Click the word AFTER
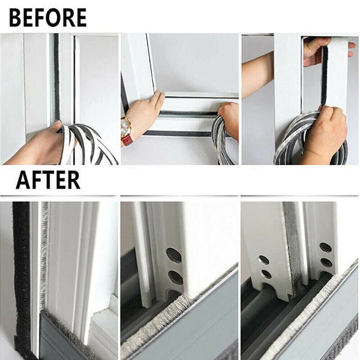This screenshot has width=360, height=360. [48, 179]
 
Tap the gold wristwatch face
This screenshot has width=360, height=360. [126, 127]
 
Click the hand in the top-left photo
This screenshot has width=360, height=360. [36, 147]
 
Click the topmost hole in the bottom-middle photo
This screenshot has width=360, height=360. [173, 255]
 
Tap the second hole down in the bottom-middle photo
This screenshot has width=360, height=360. [175, 277]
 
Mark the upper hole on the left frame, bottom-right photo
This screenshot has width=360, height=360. [263, 260]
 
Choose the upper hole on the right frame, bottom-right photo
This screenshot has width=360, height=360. [325, 247]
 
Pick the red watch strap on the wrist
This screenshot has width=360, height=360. [127, 140]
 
